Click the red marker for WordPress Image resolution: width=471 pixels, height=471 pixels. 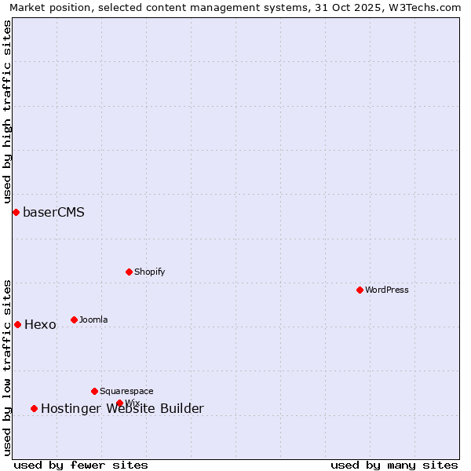coord(360,290)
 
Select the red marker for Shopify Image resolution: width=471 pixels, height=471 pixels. coord(129,272)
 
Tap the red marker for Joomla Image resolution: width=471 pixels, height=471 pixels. coord(74,319)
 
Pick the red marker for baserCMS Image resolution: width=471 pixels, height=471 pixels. coord(16,212)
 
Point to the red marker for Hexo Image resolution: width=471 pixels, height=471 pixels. coord(17,324)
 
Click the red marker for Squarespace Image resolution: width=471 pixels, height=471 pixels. coord(94,391)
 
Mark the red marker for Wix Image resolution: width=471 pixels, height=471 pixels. coord(119,403)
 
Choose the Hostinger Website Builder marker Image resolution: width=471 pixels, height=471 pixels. coord(34,408)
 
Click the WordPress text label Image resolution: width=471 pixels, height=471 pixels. coord(387,290)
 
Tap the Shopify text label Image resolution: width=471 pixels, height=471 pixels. coord(149,272)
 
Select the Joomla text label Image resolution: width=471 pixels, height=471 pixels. coord(93,319)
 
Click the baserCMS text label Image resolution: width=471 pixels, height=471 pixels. coord(53,212)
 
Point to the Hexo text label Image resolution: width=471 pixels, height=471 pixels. coord(40,324)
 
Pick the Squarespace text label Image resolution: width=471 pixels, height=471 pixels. coord(126,391)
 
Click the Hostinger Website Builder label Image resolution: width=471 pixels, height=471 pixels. coord(122,408)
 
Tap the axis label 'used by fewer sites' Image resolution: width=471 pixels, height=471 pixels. coord(81,465)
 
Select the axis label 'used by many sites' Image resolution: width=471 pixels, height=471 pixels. coord(394,465)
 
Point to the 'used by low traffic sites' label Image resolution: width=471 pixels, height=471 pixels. coord(8,367)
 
